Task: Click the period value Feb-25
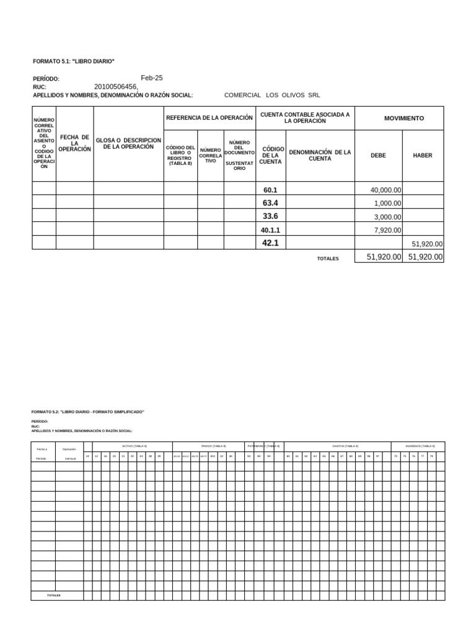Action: pos(152,78)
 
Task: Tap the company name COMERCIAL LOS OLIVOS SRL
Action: pos(272,95)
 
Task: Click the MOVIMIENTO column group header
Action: pos(403,118)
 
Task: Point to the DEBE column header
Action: pos(378,156)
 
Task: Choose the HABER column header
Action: pos(423,156)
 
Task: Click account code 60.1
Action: pos(270,190)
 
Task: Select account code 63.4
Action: pos(270,203)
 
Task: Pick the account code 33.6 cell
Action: pos(270,216)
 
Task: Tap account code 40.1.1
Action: pos(270,230)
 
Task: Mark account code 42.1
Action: pos(270,243)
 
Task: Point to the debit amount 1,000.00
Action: pos(388,203)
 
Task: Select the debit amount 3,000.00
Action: pos(388,217)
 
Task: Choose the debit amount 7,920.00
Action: pos(388,230)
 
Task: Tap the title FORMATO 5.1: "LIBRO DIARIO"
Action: pos(74,61)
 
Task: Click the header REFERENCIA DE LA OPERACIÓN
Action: pos(209,118)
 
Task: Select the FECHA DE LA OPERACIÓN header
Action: pos(74,143)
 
